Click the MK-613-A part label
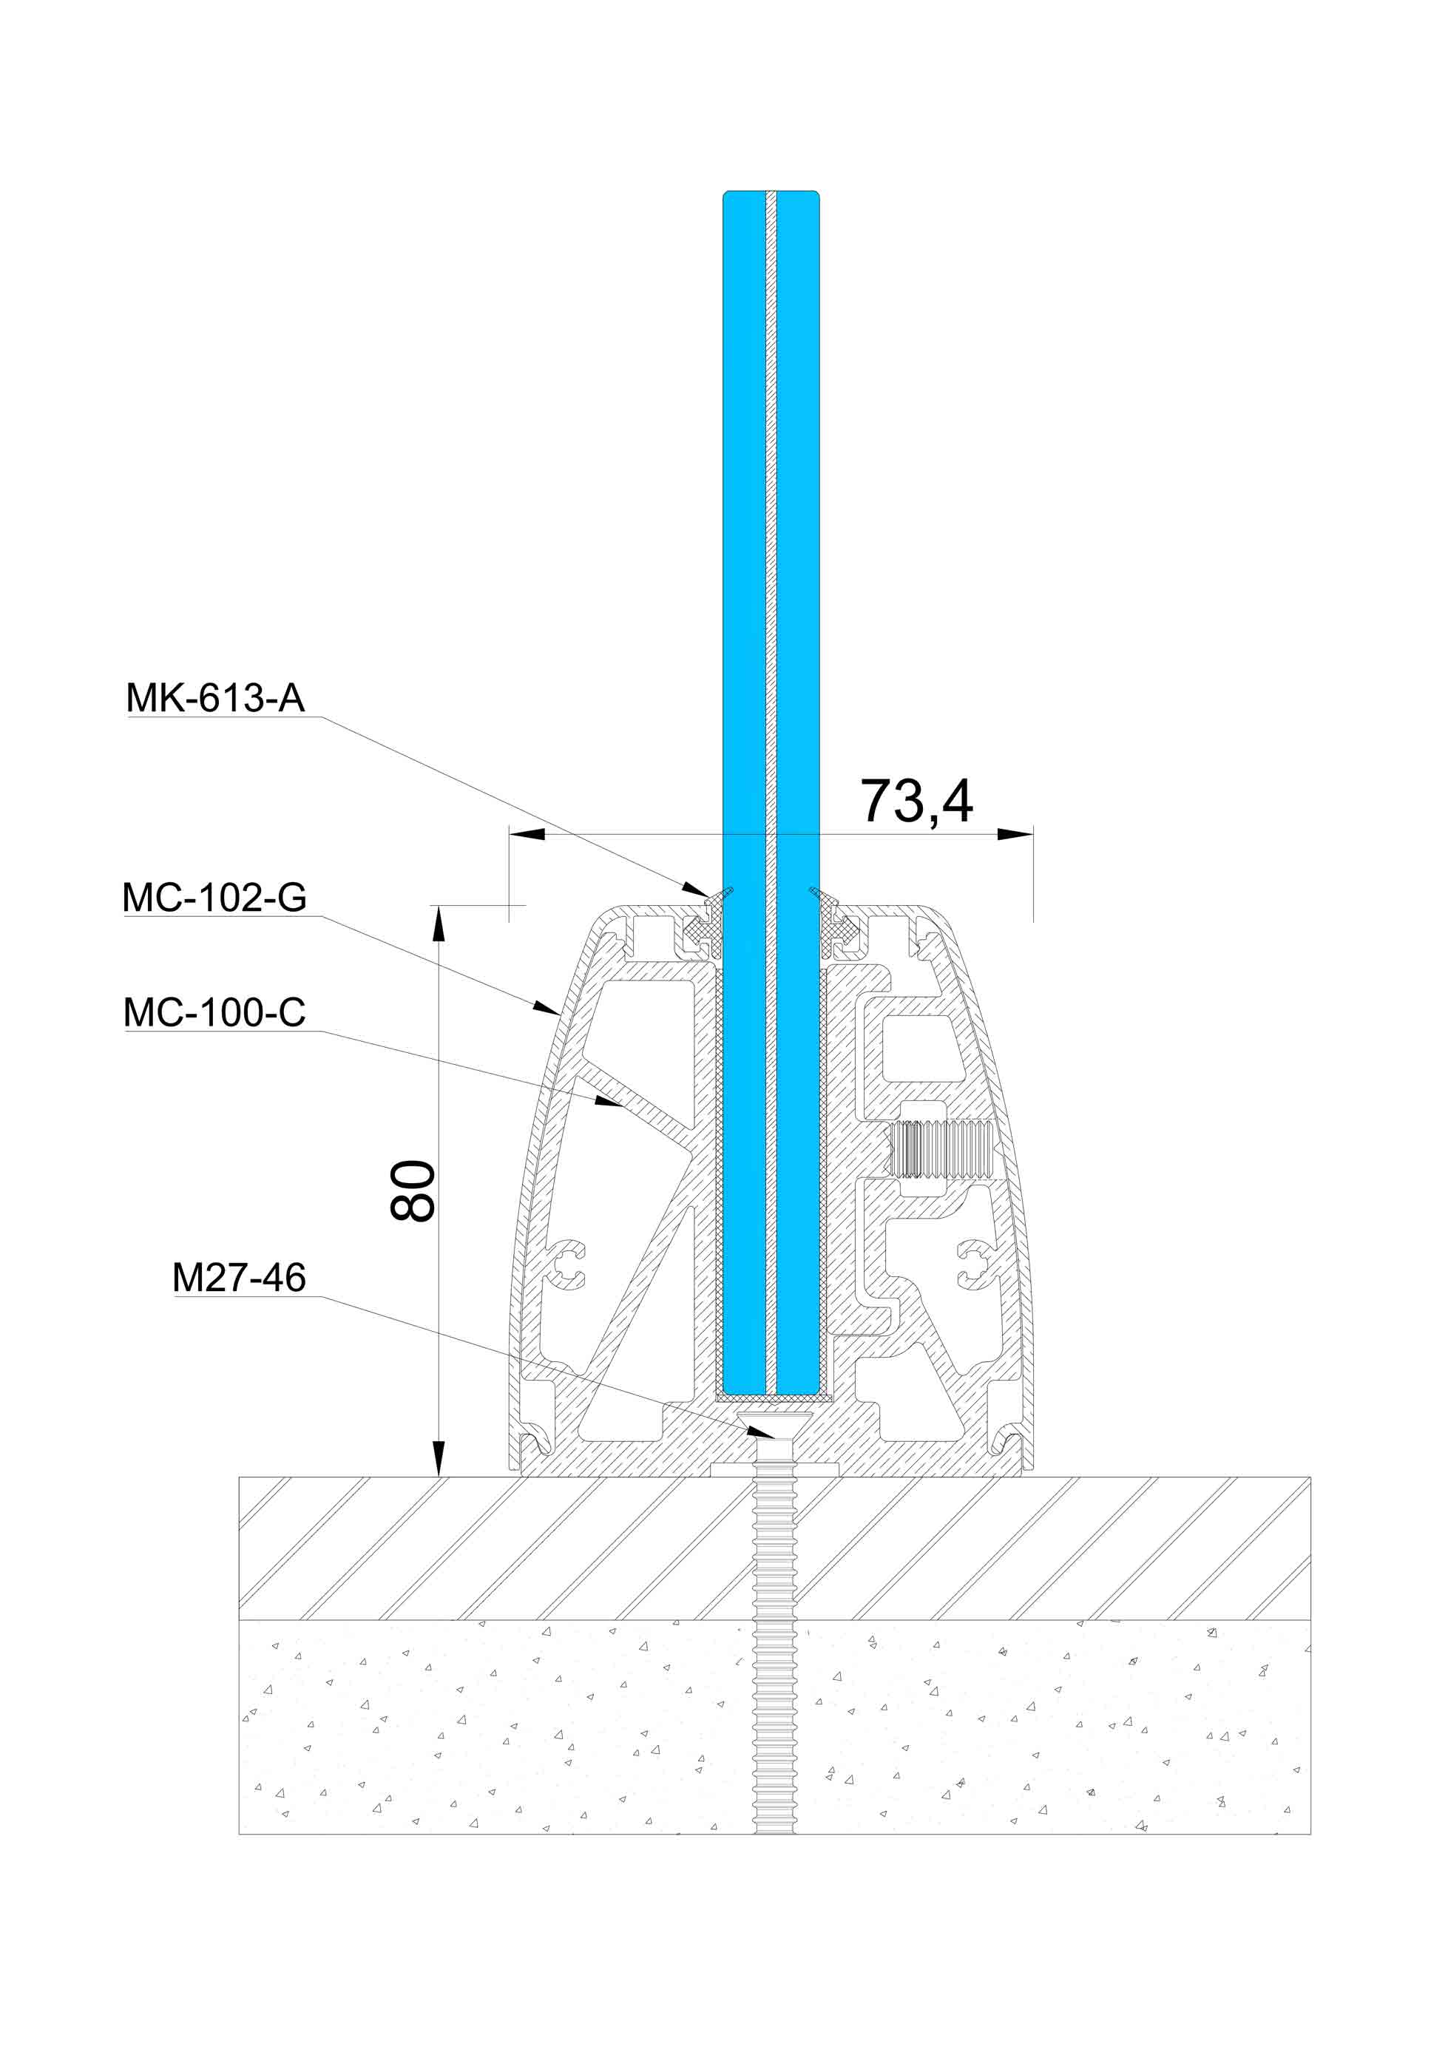(215, 698)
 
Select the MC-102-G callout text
(214, 898)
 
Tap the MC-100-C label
(214, 1012)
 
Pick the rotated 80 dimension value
(413, 1191)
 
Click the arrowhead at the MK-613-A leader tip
(697, 889)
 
